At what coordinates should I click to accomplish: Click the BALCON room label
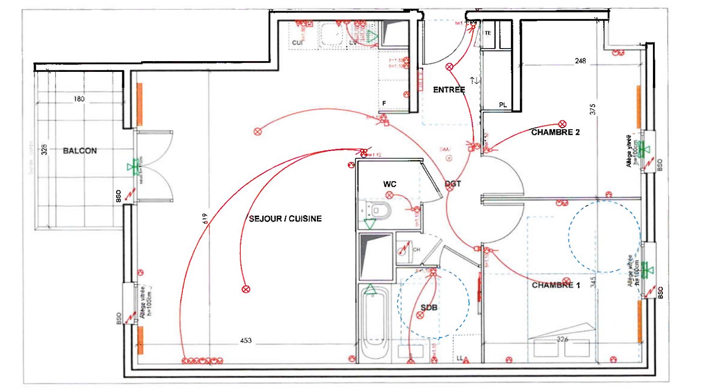coord(80,151)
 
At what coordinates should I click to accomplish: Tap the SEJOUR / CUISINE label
coord(285,218)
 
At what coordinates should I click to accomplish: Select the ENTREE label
coord(449,90)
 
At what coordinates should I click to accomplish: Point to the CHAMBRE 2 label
coord(555,133)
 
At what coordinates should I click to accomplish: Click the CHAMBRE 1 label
coord(556,285)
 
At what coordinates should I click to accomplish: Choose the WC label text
coord(390,184)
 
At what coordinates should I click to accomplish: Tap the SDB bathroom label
coord(429,308)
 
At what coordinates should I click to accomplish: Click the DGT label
coord(453,184)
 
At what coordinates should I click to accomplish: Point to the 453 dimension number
coord(246,341)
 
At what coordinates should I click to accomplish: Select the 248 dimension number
coord(580,61)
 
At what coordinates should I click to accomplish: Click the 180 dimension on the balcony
coord(79,99)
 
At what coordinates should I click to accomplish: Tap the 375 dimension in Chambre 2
coord(593,109)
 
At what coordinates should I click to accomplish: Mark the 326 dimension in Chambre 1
coord(562,339)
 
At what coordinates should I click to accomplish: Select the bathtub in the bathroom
coord(375,322)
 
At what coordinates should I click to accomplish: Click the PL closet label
coord(503,105)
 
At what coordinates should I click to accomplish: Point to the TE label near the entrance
coord(488,33)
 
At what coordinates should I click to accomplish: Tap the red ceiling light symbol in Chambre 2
coord(562,124)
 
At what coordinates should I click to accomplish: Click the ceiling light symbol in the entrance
coord(449,67)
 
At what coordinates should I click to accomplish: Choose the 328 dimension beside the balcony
coord(44,149)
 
